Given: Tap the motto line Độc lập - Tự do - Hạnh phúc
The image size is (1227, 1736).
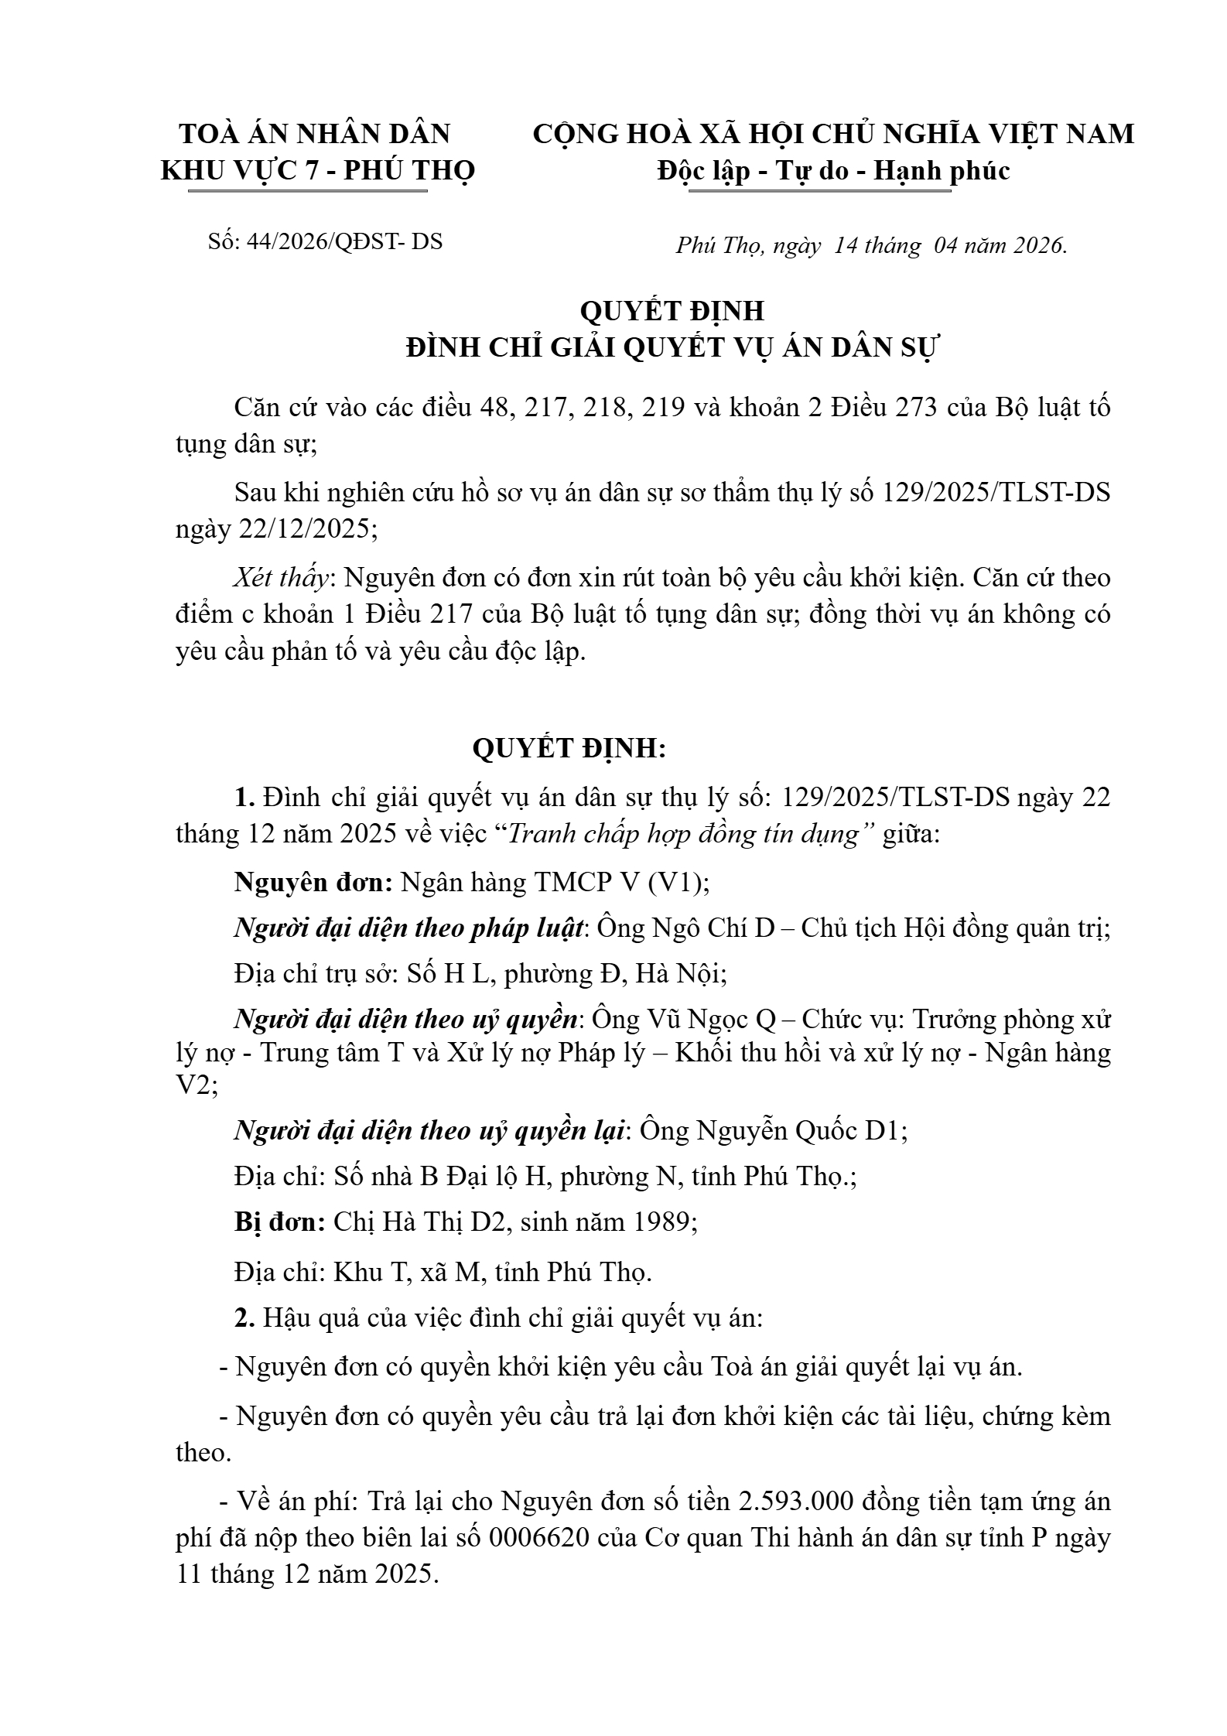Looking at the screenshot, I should (x=833, y=170).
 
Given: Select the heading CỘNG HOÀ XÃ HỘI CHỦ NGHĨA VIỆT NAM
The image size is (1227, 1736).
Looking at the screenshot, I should (x=833, y=134).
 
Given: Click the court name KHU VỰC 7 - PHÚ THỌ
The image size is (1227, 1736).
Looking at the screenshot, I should (x=317, y=170).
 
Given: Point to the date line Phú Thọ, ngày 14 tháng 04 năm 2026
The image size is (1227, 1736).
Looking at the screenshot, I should (x=871, y=245).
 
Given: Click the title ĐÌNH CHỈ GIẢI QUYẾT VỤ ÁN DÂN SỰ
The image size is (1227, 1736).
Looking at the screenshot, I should (x=672, y=348).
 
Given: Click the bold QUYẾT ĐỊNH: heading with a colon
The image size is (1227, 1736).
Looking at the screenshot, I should (x=569, y=748).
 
